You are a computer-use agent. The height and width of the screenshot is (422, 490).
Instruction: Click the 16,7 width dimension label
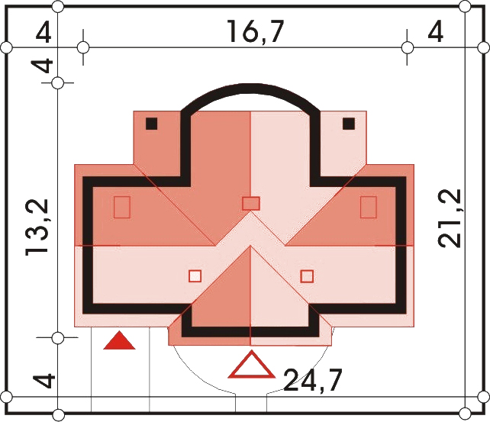tap(256, 31)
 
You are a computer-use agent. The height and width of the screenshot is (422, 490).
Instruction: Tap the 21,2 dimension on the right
tap(450, 218)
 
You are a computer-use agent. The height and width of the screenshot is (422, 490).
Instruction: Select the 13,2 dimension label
tap(37, 227)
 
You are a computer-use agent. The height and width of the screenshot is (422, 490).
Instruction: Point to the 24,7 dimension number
tap(313, 380)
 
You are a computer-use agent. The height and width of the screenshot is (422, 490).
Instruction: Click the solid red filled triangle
tap(119, 340)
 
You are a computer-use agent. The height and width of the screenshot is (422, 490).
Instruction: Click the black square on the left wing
tap(152, 124)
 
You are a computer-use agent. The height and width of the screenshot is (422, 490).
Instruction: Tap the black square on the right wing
tap(349, 124)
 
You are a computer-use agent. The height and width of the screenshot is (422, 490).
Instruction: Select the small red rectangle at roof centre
tap(251, 203)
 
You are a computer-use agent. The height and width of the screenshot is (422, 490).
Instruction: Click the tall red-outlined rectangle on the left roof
tap(122, 207)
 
